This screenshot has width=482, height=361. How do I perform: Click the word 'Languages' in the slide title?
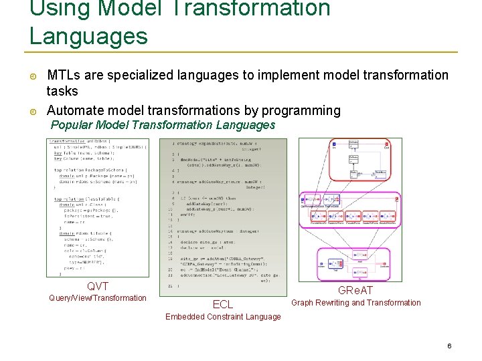(x=88, y=35)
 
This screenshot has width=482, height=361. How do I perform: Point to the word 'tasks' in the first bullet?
(x=62, y=92)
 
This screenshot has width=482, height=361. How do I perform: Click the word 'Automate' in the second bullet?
(x=73, y=110)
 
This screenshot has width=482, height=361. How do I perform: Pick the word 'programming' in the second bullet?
(x=301, y=110)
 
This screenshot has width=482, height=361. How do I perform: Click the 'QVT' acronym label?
(x=98, y=285)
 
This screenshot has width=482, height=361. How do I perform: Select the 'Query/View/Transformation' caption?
(x=98, y=298)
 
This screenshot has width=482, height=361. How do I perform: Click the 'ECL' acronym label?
(x=222, y=304)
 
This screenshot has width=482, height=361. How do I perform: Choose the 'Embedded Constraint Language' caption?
(x=223, y=317)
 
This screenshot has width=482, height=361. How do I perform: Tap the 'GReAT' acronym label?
(x=355, y=290)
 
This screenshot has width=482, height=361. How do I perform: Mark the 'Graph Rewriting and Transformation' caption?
(x=356, y=303)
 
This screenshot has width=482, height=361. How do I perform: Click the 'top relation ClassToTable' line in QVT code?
(x=81, y=199)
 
